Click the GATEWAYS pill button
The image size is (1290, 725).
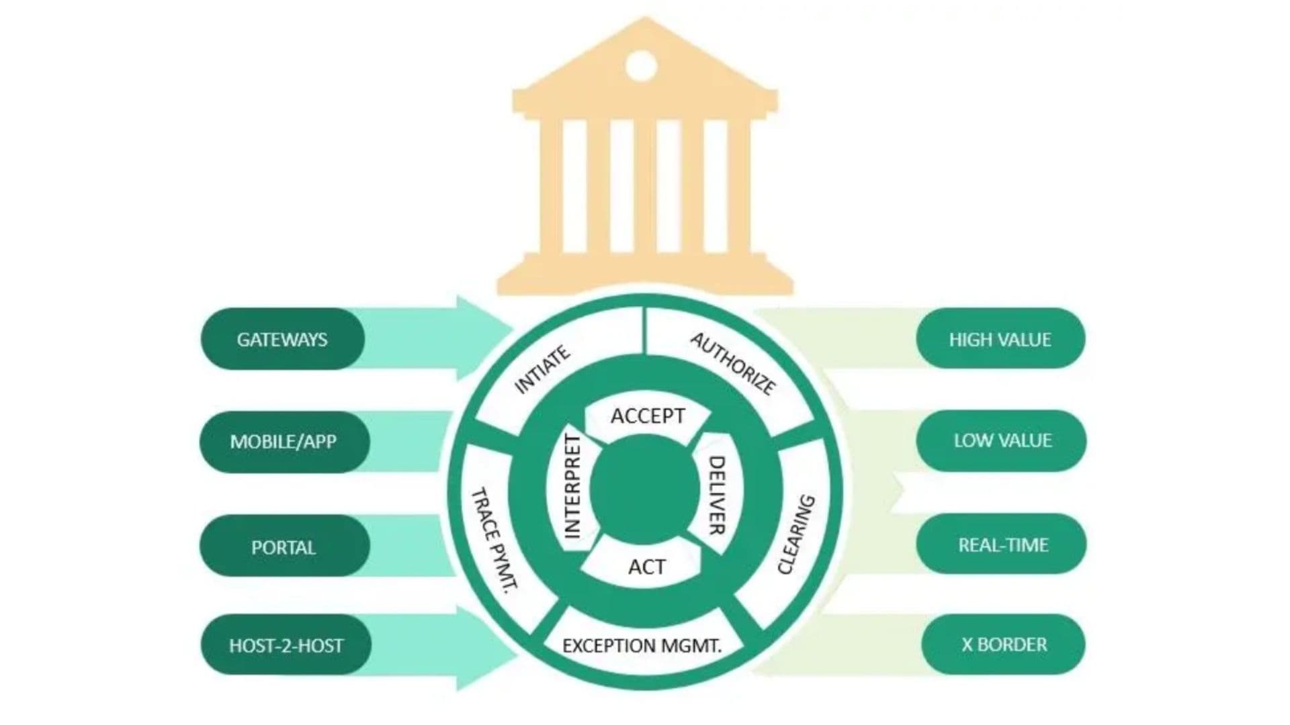tap(283, 339)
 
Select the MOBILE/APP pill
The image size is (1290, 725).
tap(284, 442)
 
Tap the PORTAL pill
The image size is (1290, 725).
tap(284, 546)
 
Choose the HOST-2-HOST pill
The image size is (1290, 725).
tap(286, 645)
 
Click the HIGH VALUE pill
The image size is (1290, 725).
tap(1000, 338)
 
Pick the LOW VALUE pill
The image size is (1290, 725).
tap(1001, 440)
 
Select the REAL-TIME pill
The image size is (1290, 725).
tap(1001, 544)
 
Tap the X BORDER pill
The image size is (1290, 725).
tap(1003, 644)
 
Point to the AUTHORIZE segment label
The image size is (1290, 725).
tap(732, 363)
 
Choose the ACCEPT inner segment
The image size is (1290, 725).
tap(648, 417)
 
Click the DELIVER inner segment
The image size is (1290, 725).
tap(716, 495)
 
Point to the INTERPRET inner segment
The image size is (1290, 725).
tap(571, 486)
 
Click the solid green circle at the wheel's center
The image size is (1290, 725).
tap(645, 490)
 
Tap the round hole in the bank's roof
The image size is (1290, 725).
tap(641, 66)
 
